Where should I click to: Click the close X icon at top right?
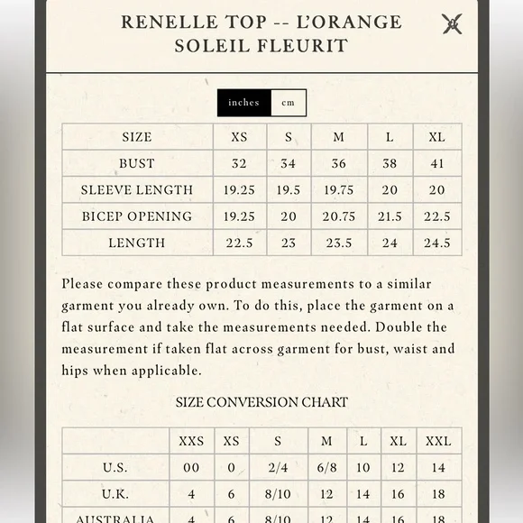pyautogui.click(x=452, y=24)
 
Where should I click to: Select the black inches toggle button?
pyautogui.click(x=243, y=103)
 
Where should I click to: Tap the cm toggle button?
pyautogui.click(x=289, y=103)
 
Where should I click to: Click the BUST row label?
pyautogui.click(x=137, y=163)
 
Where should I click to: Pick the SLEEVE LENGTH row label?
pyautogui.click(x=137, y=189)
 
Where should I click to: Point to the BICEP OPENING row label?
pyautogui.click(x=137, y=216)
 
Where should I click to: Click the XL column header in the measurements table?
pyautogui.click(x=437, y=137)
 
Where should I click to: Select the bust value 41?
pyautogui.click(x=437, y=163)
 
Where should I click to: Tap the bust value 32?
pyautogui.click(x=239, y=163)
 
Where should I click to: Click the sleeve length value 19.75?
pyautogui.click(x=338, y=189)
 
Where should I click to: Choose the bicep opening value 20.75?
pyautogui.click(x=338, y=216)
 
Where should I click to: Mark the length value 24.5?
pyautogui.click(x=437, y=243)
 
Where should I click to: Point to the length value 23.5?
pyautogui.click(x=338, y=243)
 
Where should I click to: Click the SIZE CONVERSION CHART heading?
pyautogui.click(x=261, y=402)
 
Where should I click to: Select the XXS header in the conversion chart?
pyautogui.click(x=191, y=441)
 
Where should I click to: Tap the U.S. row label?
pyautogui.click(x=115, y=467)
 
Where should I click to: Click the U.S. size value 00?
pyautogui.click(x=191, y=467)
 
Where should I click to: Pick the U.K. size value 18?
pyautogui.click(x=438, y=494)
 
